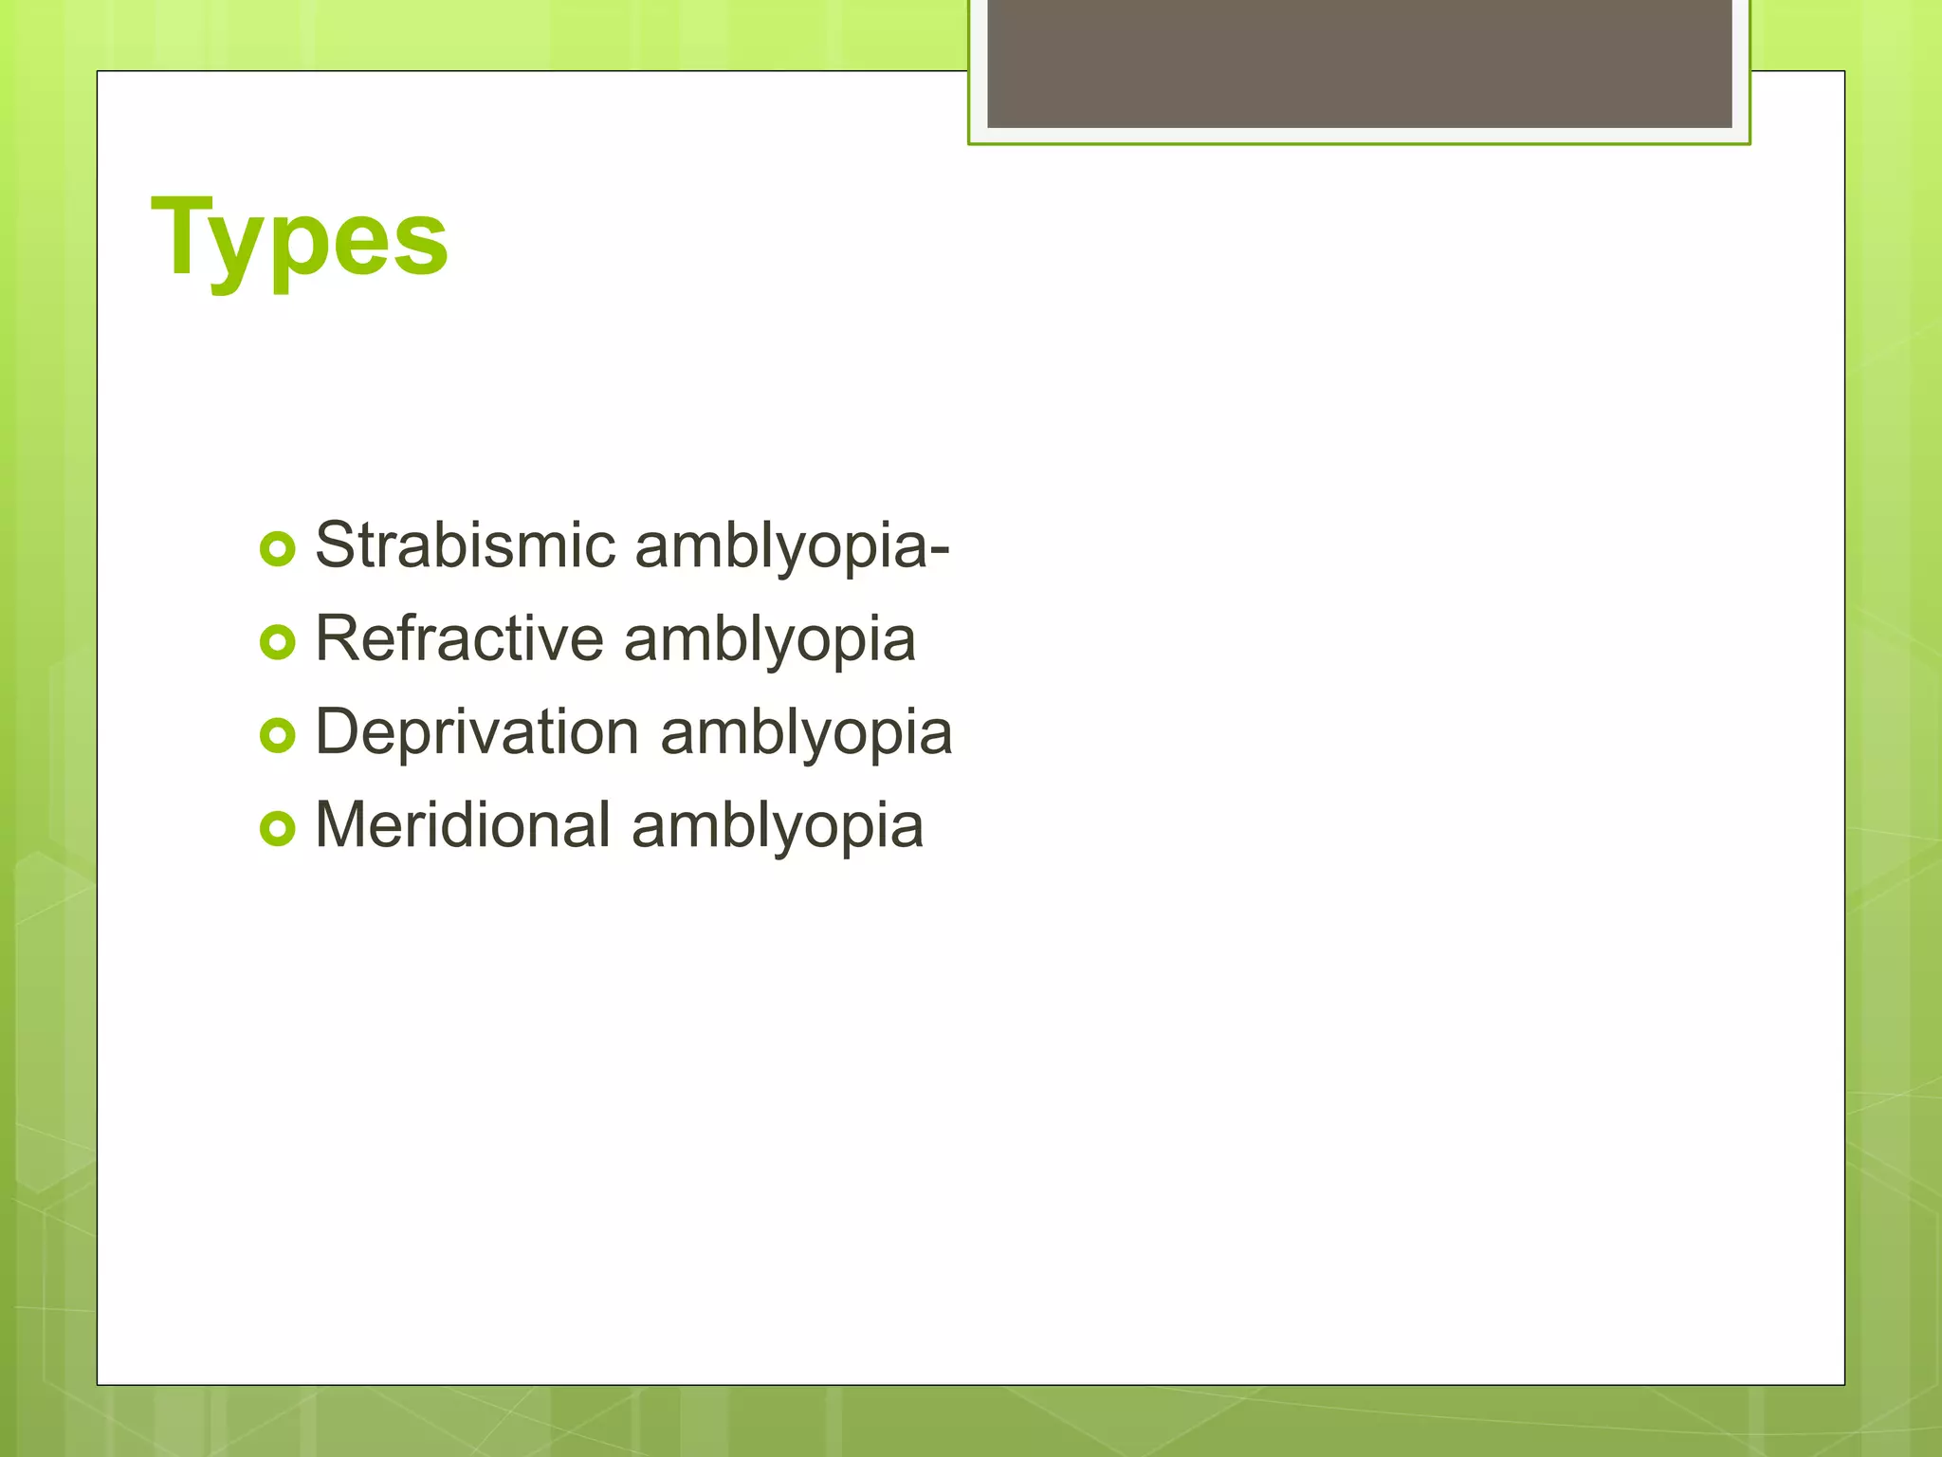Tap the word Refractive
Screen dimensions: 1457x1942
459,638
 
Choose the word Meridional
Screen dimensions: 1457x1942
463,824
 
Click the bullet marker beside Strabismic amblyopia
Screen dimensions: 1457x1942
277,549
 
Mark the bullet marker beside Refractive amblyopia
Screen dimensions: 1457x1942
277,642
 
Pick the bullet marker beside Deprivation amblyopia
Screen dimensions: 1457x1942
277,735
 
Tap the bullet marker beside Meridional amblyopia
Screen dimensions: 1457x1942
277,828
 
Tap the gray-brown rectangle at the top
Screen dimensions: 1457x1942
1359,63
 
